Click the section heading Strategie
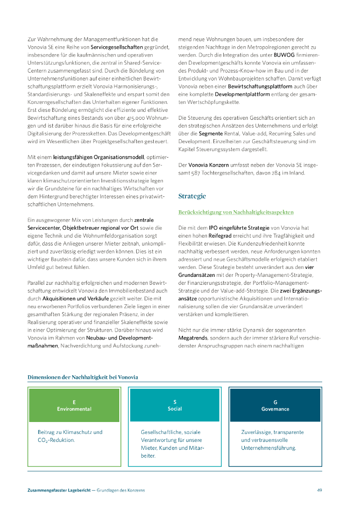point(192,196)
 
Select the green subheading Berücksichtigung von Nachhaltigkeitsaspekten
point(236,212)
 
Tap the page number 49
point(319,490)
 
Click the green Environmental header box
point(74,405)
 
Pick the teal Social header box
point(175,405)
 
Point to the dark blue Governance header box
point(275,405)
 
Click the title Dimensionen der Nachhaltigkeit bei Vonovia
point(83,377)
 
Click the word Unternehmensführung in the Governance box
point(269,448)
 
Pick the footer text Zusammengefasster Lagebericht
point(59,490)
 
